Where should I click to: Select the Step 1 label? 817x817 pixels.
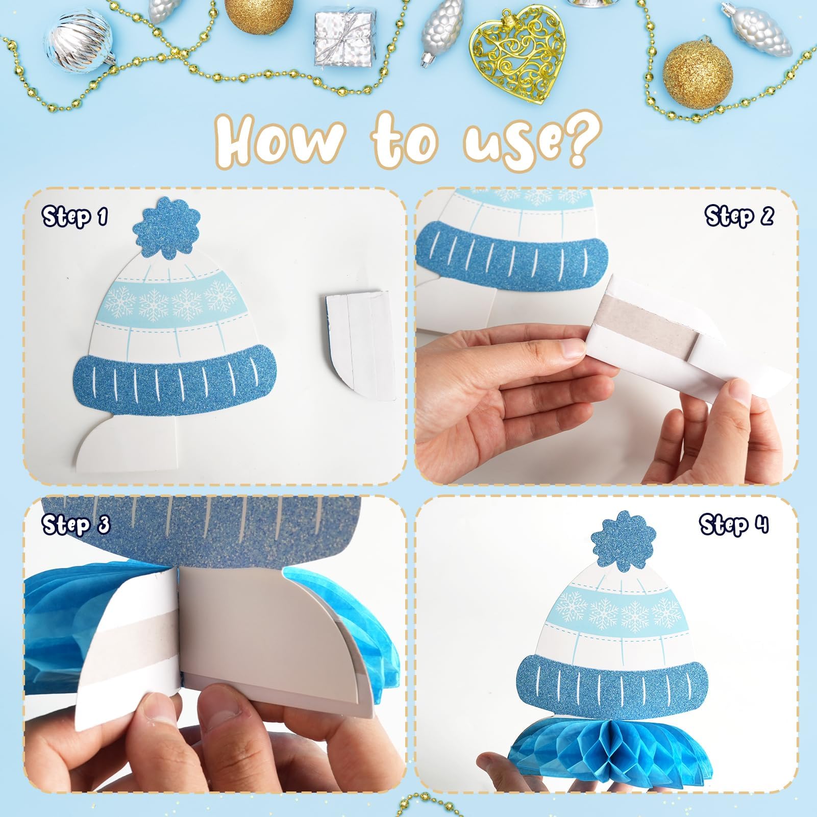[75, 216]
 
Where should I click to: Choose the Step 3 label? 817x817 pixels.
[76, 525]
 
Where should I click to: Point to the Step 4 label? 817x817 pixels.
[733, 525]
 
